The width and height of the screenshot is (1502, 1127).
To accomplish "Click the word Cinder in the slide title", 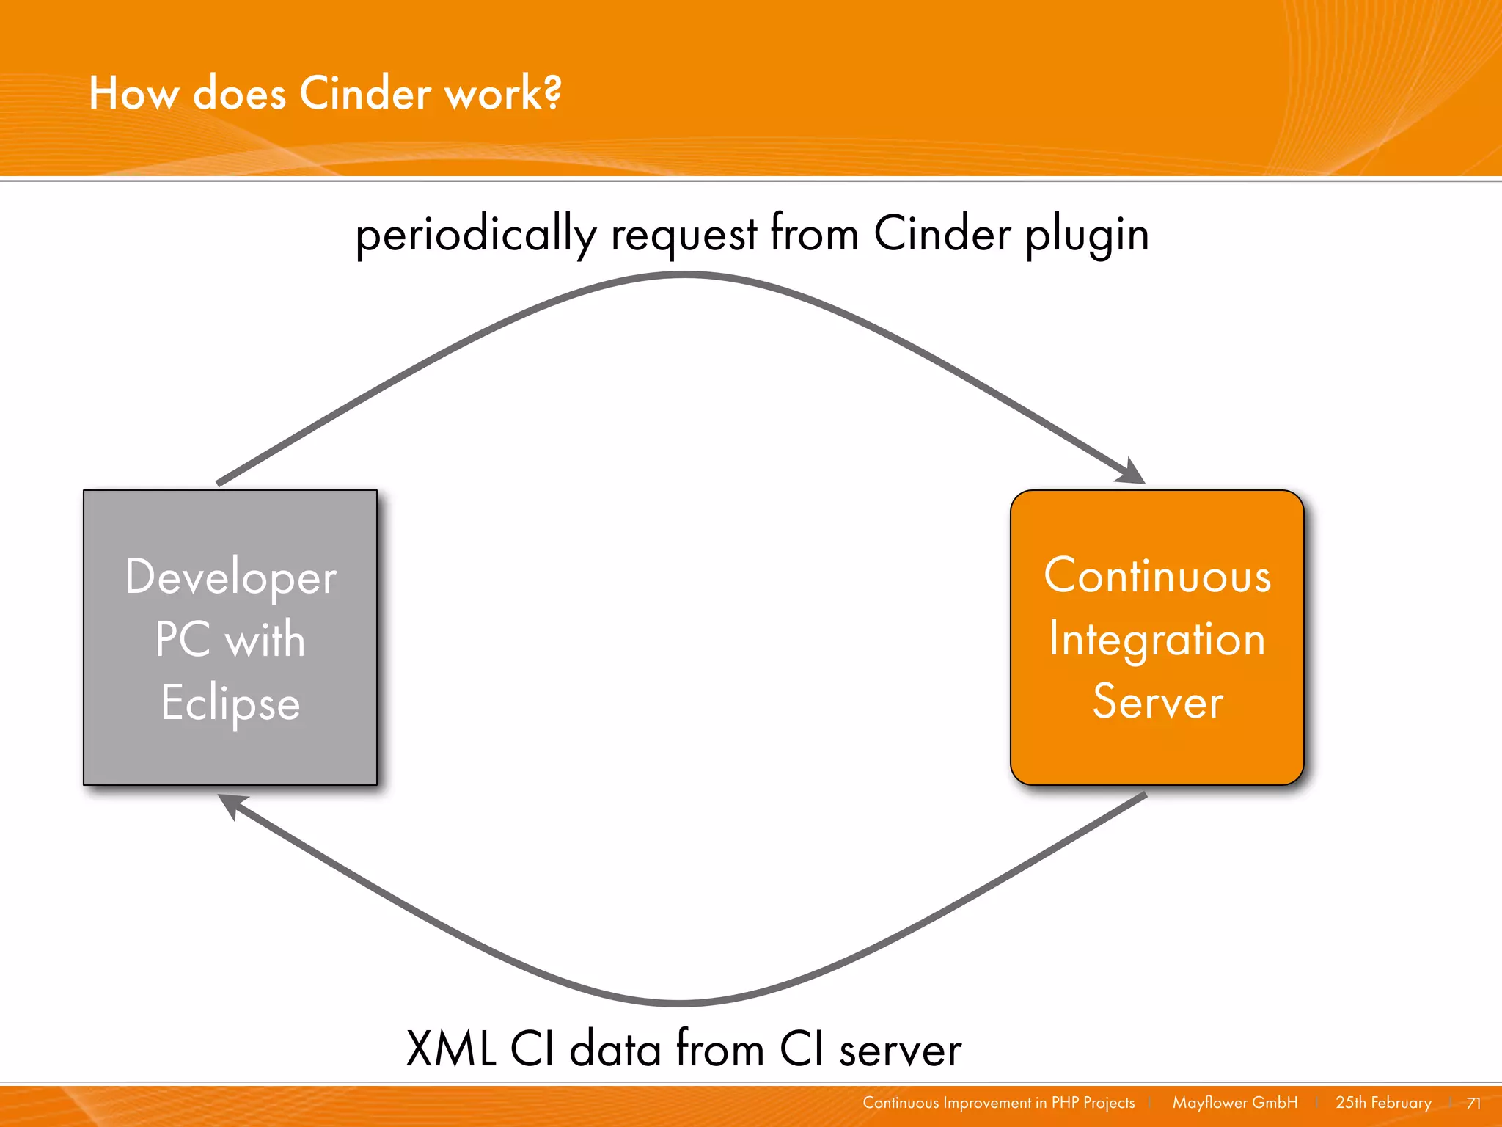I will tap(365, 94).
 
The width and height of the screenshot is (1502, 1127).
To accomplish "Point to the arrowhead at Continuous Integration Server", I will tap(1132, 473).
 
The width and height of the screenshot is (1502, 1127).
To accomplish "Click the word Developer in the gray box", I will tap(230, 577).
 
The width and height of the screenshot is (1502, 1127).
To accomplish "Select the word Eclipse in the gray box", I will tap(230, 703).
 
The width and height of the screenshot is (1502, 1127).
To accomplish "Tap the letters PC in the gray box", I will tap(183, 640).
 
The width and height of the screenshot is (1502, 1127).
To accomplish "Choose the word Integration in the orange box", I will tap(1157, 640).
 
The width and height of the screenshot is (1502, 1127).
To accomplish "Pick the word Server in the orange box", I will tap(1157, 702).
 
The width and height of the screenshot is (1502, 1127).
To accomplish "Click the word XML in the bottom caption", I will tap(450, 1048).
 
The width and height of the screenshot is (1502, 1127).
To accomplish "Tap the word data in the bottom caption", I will tap(615, 1048).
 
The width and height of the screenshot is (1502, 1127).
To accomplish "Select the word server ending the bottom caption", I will tap(900, 1050).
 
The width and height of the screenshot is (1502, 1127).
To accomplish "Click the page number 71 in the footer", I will tap(1473, 1104).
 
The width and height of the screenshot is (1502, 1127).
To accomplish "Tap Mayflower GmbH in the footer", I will tap(1234, 1103).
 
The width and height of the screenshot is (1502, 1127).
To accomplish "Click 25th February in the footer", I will tap(1383, 1103).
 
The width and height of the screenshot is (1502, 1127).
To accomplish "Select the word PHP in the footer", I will tap(1065, 1103).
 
